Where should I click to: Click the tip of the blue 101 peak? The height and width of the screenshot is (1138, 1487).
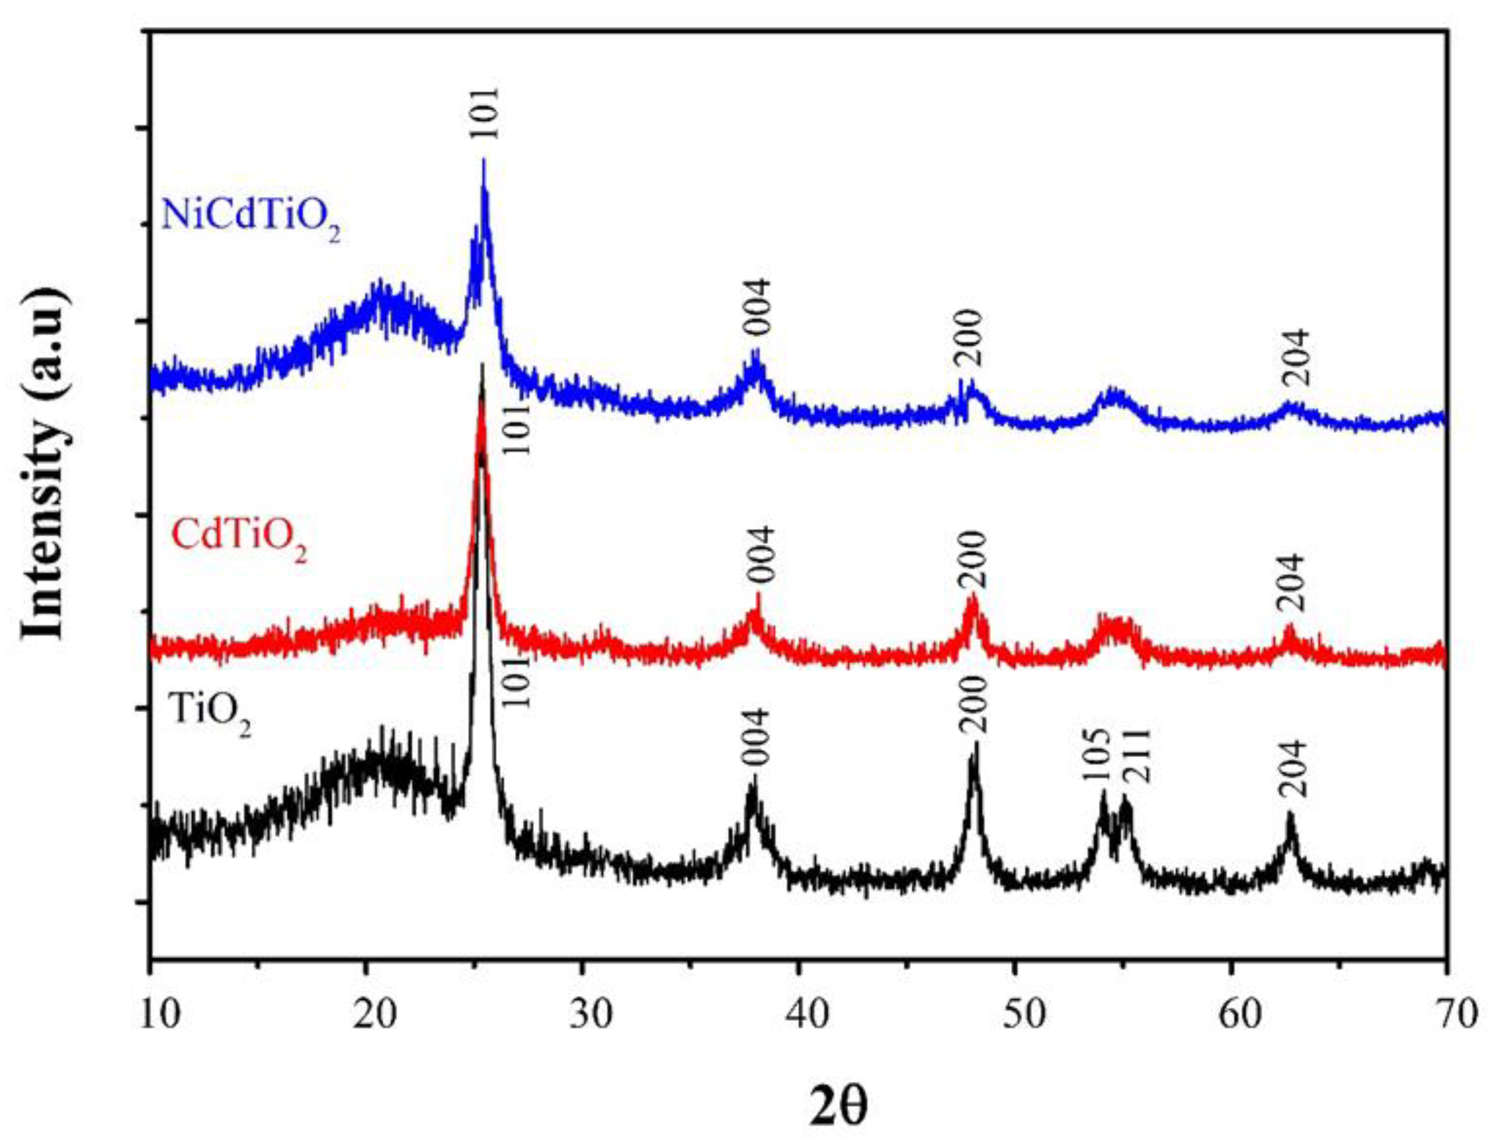tap(483, 161)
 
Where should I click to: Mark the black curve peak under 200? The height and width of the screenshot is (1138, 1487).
tap(975, 744)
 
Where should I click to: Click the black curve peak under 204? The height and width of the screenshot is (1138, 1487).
tap(1289, 813)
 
